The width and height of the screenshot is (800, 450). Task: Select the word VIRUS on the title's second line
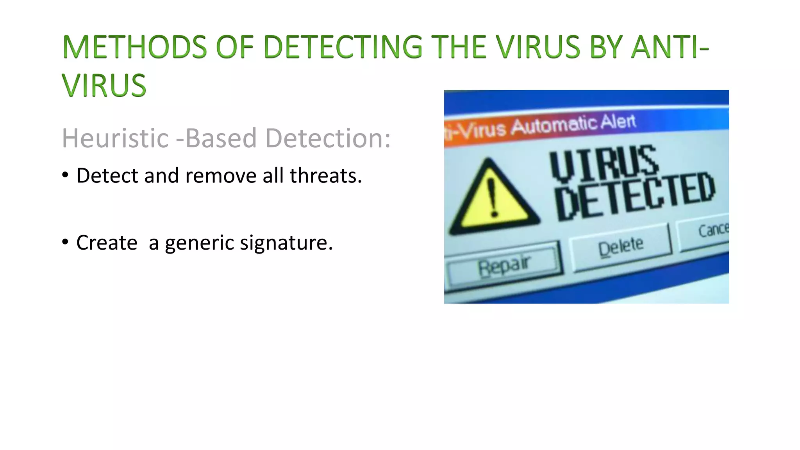pyautogui.click(x=104, y=86)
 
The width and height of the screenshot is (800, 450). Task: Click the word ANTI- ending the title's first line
pyautogui.click(x=670, y=47)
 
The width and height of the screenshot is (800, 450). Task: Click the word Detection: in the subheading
pyautogui.click(x=328, y=138)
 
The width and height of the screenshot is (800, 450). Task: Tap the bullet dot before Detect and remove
pyautogui.click(x=65, y=175)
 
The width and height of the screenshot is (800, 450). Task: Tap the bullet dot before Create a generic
pyautogui.click(x=65, y=242)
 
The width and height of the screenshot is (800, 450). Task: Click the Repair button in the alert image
pyautogui.click(x=504, y=266)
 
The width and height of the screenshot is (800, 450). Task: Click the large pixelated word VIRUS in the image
pyautogui.click(x=605, y=163)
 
